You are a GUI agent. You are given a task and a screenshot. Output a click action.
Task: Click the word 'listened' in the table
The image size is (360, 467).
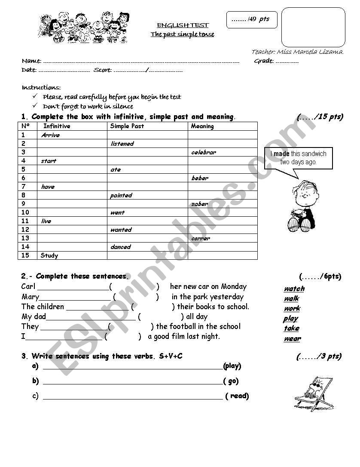coord(122,144)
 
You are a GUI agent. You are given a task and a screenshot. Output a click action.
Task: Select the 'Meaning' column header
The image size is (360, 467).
coord(202,126)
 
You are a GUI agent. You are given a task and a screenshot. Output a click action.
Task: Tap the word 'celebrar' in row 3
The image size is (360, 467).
coord(204,152)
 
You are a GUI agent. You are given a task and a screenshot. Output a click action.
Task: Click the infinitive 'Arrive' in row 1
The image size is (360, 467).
coord(51,135)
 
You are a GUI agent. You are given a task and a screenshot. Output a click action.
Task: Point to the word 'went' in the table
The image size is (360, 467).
coord(117,212)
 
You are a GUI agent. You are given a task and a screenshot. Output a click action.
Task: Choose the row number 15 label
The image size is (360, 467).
coord(25,255)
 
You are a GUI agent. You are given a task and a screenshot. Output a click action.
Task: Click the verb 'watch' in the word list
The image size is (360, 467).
coord(294,289)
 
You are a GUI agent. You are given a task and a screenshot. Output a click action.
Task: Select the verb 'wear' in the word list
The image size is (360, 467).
coord(292,338)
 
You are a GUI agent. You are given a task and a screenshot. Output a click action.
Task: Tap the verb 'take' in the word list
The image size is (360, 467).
coord(291,328)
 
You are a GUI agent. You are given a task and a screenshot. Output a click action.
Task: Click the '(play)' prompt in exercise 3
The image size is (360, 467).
coord(232,366)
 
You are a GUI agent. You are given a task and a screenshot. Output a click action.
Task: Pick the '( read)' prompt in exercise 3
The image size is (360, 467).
coord(237,396)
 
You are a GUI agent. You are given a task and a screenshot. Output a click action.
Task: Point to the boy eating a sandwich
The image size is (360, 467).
coord(301,206)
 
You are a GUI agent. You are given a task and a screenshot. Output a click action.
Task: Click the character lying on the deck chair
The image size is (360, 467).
coord(314,392)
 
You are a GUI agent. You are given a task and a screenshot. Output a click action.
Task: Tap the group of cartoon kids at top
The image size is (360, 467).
coord(83,28)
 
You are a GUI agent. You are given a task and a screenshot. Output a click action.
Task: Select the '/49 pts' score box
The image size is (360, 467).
coord(252,19)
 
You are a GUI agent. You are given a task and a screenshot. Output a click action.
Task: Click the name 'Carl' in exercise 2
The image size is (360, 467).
coord(28,286)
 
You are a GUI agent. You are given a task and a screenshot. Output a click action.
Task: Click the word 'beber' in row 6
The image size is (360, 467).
coord(200,178)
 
